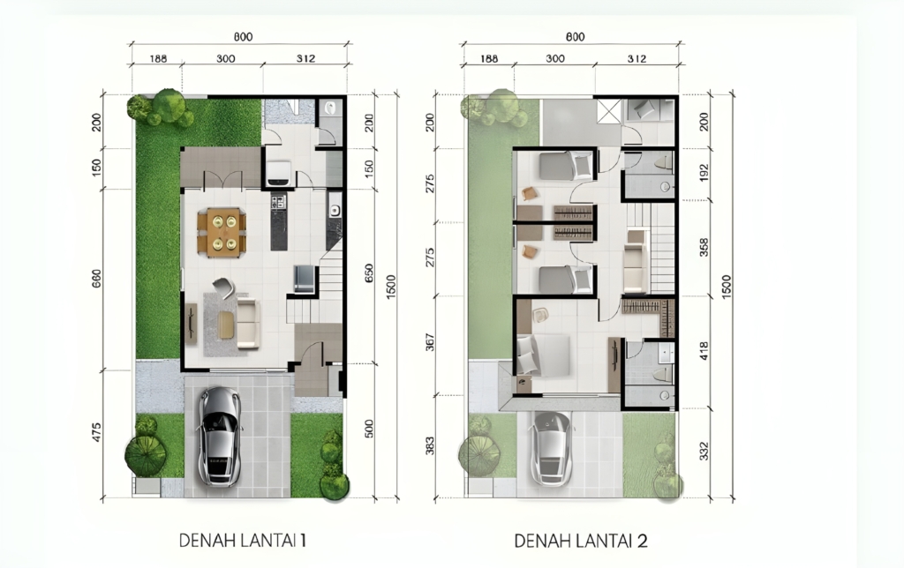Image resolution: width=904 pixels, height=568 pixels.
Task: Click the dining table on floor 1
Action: point(222,232)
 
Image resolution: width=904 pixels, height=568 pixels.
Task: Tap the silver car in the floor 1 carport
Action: point(219,435)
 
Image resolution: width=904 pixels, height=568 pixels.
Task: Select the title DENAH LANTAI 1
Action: point(242,541)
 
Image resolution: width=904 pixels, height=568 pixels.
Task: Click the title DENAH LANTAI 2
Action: point(581,541)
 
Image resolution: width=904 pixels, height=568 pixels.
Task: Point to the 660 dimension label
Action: point(96,280)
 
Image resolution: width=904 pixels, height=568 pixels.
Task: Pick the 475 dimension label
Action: point(96,433)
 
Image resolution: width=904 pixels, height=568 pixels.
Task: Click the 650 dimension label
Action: point(369,275)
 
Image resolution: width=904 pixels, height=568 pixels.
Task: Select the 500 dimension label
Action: point(369,429)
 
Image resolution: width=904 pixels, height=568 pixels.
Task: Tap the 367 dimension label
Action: point(430,342)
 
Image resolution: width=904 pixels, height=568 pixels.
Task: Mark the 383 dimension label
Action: point(430,446)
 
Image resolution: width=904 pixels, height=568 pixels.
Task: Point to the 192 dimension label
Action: point(704,172)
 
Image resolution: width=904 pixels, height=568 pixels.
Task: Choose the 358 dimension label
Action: point(704,247)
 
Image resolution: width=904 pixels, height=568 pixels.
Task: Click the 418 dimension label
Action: point(704,351)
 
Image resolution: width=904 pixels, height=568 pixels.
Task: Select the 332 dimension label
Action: point(704,451)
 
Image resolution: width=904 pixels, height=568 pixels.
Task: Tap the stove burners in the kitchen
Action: point(278,201)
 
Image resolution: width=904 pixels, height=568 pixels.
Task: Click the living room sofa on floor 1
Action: point(248,323)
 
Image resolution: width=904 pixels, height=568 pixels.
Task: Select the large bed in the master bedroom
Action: point(543,355)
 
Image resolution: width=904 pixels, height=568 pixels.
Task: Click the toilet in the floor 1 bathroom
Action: point(331,109)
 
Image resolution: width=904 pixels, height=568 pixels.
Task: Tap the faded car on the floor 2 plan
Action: point(552,448)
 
